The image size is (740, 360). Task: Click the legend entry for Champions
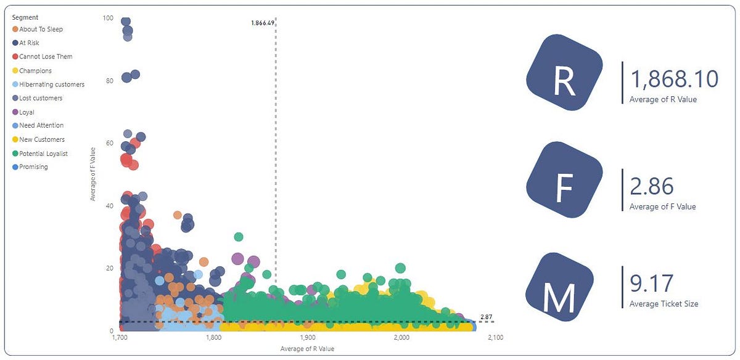pyautogui.click(x=35, y=71)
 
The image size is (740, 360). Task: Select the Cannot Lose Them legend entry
pyautogui.click(x=46, y=57)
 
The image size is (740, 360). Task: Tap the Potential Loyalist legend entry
pyautogui.click(x=43, y=153)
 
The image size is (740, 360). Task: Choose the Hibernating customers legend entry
pyautogui.click(x=52, y=84)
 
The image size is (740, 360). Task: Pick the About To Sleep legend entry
pyautogui.click(x=41, y=29)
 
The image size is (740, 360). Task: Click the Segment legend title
pyautogui.click(x=25, y=17)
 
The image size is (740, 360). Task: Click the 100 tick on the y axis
pyautogui.click(x=108, y=18)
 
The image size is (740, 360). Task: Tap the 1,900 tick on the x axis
pyautogui.click(x=308, y=338)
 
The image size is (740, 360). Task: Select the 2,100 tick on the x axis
pyautogui.click(x=495, y=338)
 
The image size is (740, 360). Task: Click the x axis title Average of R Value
pyautogui.click(x=306, y=350)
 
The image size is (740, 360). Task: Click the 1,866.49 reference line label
pyautogui.click(x=263, y=23)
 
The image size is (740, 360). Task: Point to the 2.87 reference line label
pyautogui.click(x=487, y=317)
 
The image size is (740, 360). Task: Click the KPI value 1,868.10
pyautogui.click(x=674, y=79)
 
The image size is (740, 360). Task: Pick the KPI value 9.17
pyautogui.click(x=652, y=284)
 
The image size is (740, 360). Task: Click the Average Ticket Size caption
pyautogui.click(x=664, y=303)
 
